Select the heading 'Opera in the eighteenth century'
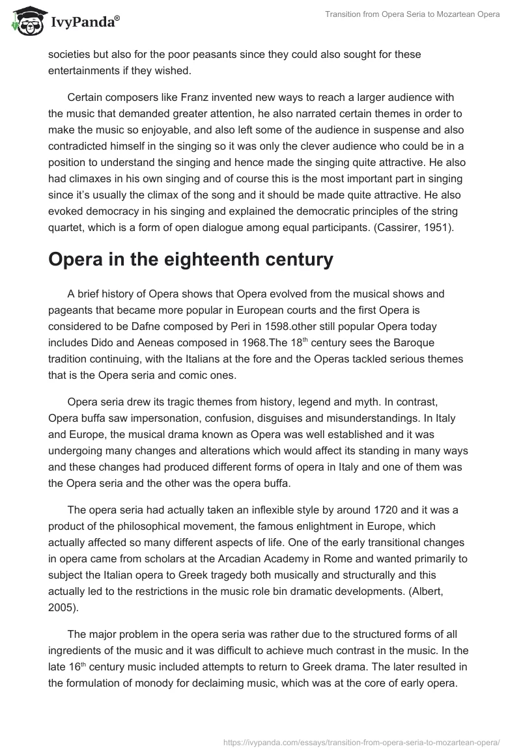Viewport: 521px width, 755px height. coord(191,260)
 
